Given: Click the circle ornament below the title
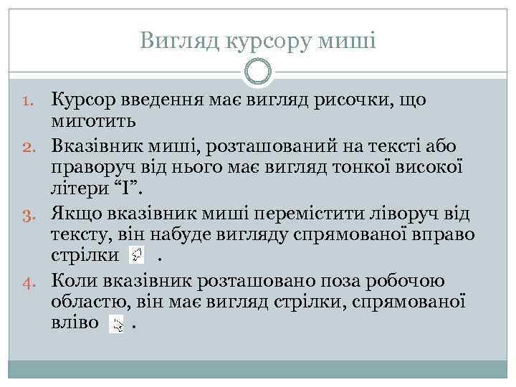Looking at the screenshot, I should [x=258, y=72].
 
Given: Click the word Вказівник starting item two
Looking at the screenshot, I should [x=97, y=146].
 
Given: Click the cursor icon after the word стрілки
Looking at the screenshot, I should [x=136, y=255].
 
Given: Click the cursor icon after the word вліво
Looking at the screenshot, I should [x=117, y=324].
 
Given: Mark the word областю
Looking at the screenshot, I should [x=88, y=302].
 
